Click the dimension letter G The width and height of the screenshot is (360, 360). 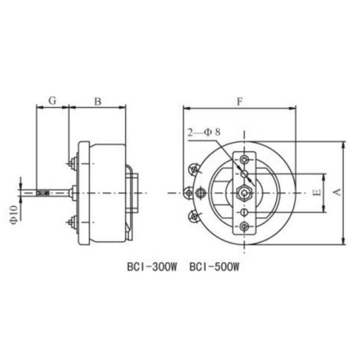tap(52, 101)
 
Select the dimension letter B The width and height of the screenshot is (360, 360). tap(97, 101)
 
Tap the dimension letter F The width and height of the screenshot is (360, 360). tap(239, 101)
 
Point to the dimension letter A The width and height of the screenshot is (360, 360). tap(337, 192)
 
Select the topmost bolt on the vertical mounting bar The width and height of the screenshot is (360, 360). tap(245, 159)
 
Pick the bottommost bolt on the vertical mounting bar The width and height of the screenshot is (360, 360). tap(245, 226)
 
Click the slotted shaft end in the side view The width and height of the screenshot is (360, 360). tap(43, 193)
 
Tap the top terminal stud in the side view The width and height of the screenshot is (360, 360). tap(73, 162)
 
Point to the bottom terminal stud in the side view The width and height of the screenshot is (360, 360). tap(73, 223)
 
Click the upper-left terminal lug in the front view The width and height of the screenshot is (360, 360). tap(194, 170)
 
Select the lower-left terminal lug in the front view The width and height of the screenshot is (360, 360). tap(194, 215)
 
